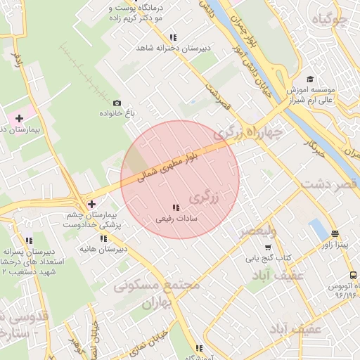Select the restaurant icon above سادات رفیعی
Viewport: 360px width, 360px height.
tap(175, 207)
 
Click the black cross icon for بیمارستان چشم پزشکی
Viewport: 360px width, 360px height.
tap(91, 204)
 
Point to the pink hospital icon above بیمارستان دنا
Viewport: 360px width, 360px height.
tap(20, 117)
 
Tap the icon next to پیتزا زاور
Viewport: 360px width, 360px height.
tap(335, 234)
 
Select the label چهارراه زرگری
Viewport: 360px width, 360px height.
tap(250, 132)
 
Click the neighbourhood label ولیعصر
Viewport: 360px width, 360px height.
tap(258, 231)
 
